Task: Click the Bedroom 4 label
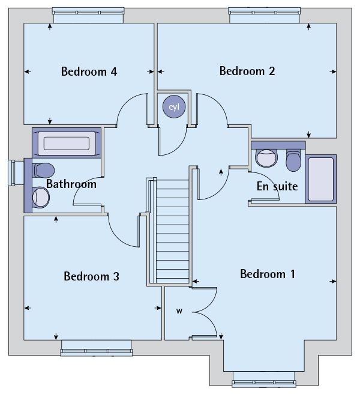pos(89,72)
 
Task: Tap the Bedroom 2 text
pos(247,71)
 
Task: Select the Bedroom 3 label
pos(91,276)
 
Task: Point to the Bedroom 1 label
pos(268,274)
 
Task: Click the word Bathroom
pos(71,184)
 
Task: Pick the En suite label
pos(277,186)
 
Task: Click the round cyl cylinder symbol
pos(174,107)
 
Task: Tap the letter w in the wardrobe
pos(179,311)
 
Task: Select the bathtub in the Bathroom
pos(66,144)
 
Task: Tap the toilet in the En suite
pos(293,160)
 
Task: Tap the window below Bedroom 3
pos(96,347)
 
